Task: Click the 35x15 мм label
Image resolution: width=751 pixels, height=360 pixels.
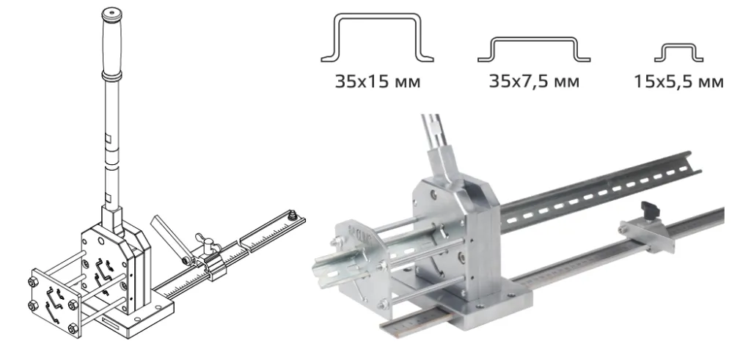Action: (x=378, y=82)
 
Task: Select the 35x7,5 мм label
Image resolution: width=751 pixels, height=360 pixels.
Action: (x=534, y=81)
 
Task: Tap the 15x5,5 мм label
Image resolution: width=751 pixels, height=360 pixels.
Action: (x=678, y=82)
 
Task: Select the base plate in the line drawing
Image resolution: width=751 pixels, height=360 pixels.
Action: (x=139, y=320)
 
